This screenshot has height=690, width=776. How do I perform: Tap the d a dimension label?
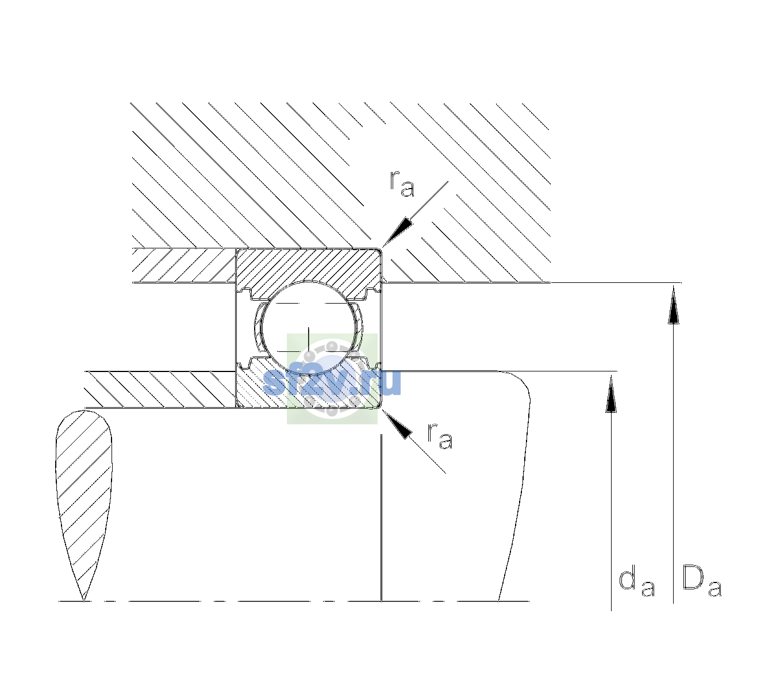[x=636, y=582]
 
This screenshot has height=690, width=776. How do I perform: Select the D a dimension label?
[x=702, y=581]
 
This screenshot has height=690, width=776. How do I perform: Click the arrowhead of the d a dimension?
[x=611, y=394]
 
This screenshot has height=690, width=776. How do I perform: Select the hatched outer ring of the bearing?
[x=309, y=268]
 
